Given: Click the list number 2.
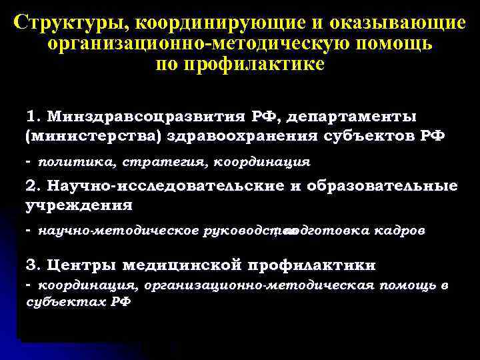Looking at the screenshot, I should pyautogui.click(x=31, y=186).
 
